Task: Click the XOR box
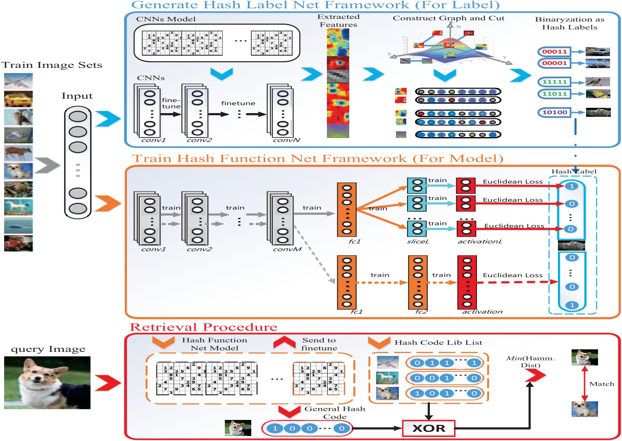pyautogui.click(x=429, y=428)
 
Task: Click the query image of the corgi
pyautogui.click(x=47, y=383)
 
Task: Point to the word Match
pyautogui.click(x=601, y=384)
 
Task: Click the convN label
pyautogui.click(x=286, y=140)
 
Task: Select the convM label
pyautogui.click(x=287, y=249)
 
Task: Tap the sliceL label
pyautogui.click(x=418, y=242)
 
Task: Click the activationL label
pyautogui.click(x=479, y=242)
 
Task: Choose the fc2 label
pyautogui.click(x=421, y=312)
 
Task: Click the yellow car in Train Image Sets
pyautogui.click(x=18, y=99)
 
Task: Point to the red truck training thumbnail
pyautogui.click(x=18, y=243)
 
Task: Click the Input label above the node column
pyautogui.click(x=77, y=96)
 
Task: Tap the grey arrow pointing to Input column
pyautogui.click(x=47, y=166)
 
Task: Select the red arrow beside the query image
pyautogui.click(x=107, y=383)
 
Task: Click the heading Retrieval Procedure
pyautogui.click(x=203, y=327)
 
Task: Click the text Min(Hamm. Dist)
pyautogui.click(x=530, y=362)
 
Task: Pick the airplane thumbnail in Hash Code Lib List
pyautogui.click(x=388, y=362)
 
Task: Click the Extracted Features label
pyautogui.click(x=338, y=21)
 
